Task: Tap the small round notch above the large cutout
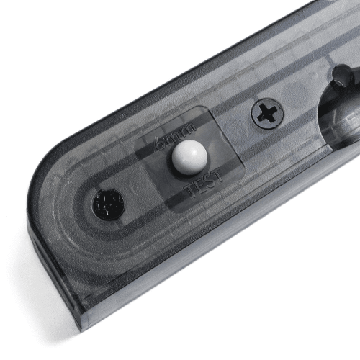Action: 343,72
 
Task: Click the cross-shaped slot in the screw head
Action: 266,113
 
